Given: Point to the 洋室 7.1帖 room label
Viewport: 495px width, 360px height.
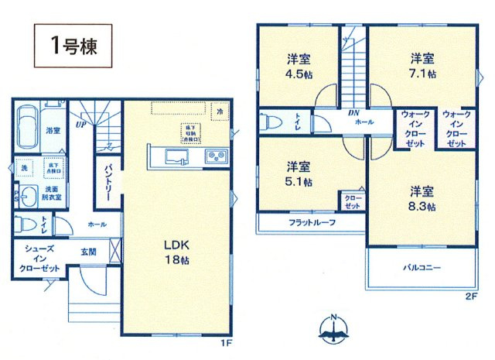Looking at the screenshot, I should tap(422, 67).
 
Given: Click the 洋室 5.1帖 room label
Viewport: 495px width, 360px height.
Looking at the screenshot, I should tap(298, 175).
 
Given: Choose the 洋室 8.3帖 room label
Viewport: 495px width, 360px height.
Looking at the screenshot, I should tap(422, 200).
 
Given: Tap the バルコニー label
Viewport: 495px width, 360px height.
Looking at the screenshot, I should tap(422, 267).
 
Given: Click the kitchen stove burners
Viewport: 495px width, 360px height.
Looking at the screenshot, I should tap(215, 158).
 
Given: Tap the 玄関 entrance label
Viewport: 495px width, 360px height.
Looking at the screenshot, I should tap(87, 250).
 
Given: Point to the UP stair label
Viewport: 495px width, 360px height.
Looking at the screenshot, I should tap(80, 122).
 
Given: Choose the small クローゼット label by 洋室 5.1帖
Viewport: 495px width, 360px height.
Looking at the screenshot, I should tap(352, 202).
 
